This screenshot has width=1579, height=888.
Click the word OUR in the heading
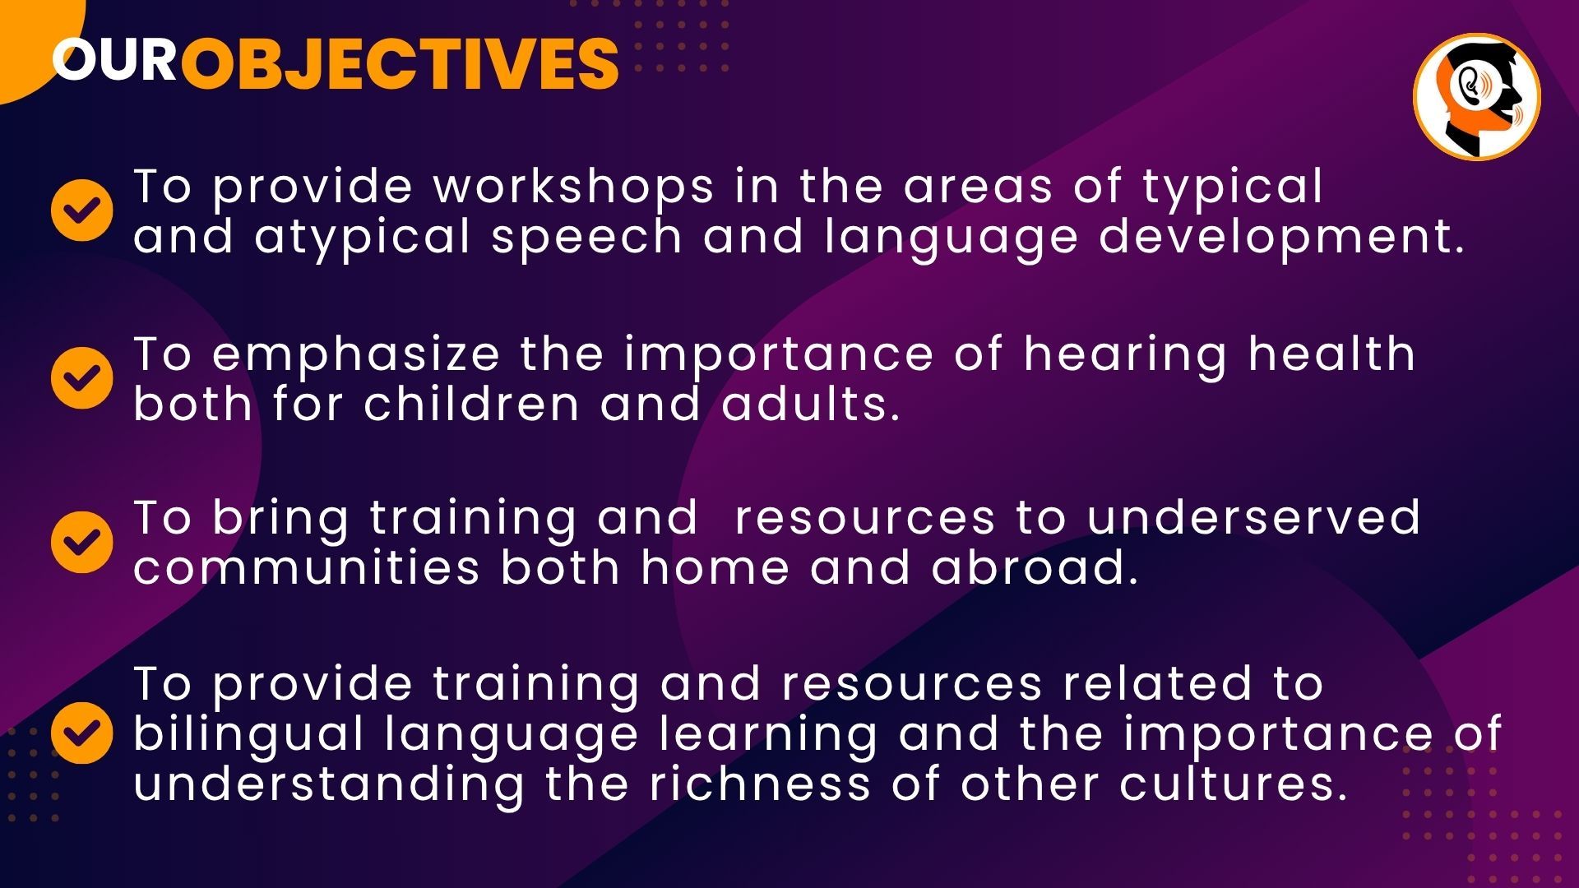[113, 60]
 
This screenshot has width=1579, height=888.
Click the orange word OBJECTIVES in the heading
[400, 63]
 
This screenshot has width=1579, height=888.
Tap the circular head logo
[1476, 97]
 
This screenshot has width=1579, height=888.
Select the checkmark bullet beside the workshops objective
[82, 210]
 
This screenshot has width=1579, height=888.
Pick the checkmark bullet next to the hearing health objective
[82, 377]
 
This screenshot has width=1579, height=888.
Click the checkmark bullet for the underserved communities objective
[82, 542]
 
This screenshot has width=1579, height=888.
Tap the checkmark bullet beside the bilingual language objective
[82, 733]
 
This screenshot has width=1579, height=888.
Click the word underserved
[1253, 518]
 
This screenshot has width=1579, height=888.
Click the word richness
[760, 783]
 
